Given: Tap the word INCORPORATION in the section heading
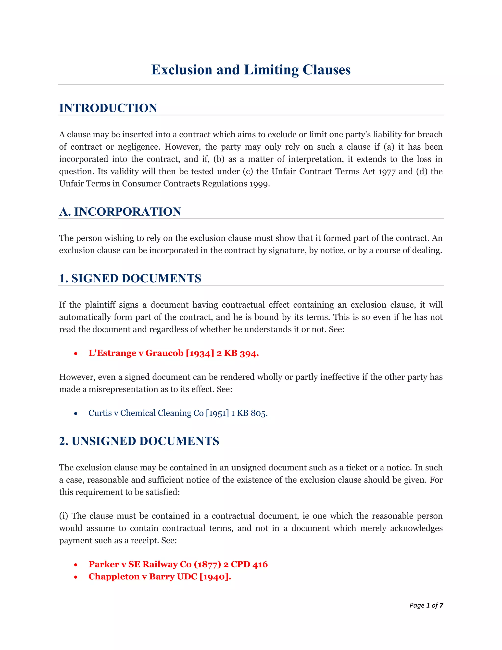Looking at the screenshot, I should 127,212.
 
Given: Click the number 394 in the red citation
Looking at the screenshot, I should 249,353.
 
